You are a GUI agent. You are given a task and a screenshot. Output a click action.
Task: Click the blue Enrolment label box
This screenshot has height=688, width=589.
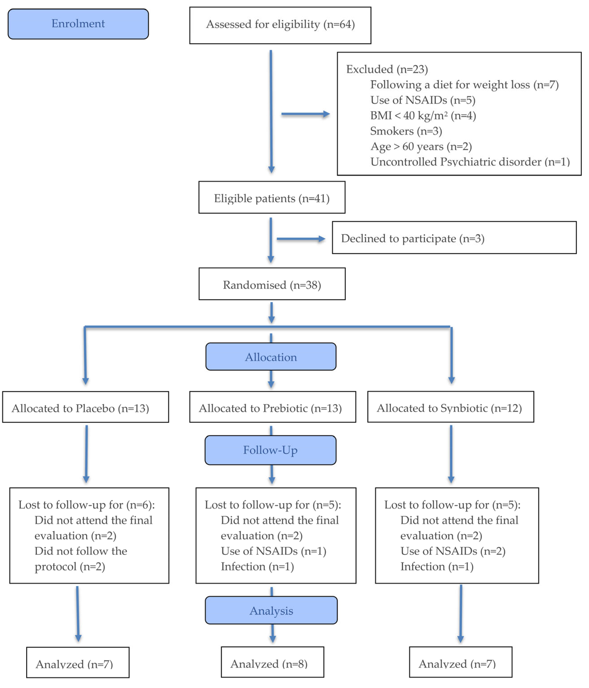click(x=78, y=24)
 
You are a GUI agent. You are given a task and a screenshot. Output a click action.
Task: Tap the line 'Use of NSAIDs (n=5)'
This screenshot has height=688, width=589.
click(x=422, y=100)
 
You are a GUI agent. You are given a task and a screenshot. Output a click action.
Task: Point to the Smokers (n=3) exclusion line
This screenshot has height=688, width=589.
click(x=406, y=131)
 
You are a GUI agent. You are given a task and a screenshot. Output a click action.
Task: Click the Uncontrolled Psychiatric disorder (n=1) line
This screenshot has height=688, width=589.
click(x=470, y=162)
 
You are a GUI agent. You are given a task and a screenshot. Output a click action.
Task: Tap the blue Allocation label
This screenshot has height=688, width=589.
click(x=271, y=357)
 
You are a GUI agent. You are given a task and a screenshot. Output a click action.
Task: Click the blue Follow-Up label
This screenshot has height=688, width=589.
click(x=270, y=450)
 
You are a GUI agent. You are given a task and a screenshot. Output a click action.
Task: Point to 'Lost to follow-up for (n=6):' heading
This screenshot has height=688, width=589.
click(x=86, y=505)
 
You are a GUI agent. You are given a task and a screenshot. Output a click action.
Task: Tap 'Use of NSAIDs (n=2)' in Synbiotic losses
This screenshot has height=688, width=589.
click(x=453, y=551)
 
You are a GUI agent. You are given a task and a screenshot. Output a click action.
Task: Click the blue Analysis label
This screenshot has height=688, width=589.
click(x=271, y=610)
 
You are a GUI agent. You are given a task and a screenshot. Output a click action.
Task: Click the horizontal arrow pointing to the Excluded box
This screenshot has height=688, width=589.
click(x=305, y=114)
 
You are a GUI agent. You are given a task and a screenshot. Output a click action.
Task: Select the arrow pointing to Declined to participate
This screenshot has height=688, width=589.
click(x=300, y=239)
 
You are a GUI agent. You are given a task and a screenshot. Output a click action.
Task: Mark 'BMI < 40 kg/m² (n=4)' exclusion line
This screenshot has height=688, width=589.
click(x=423, y=115)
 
